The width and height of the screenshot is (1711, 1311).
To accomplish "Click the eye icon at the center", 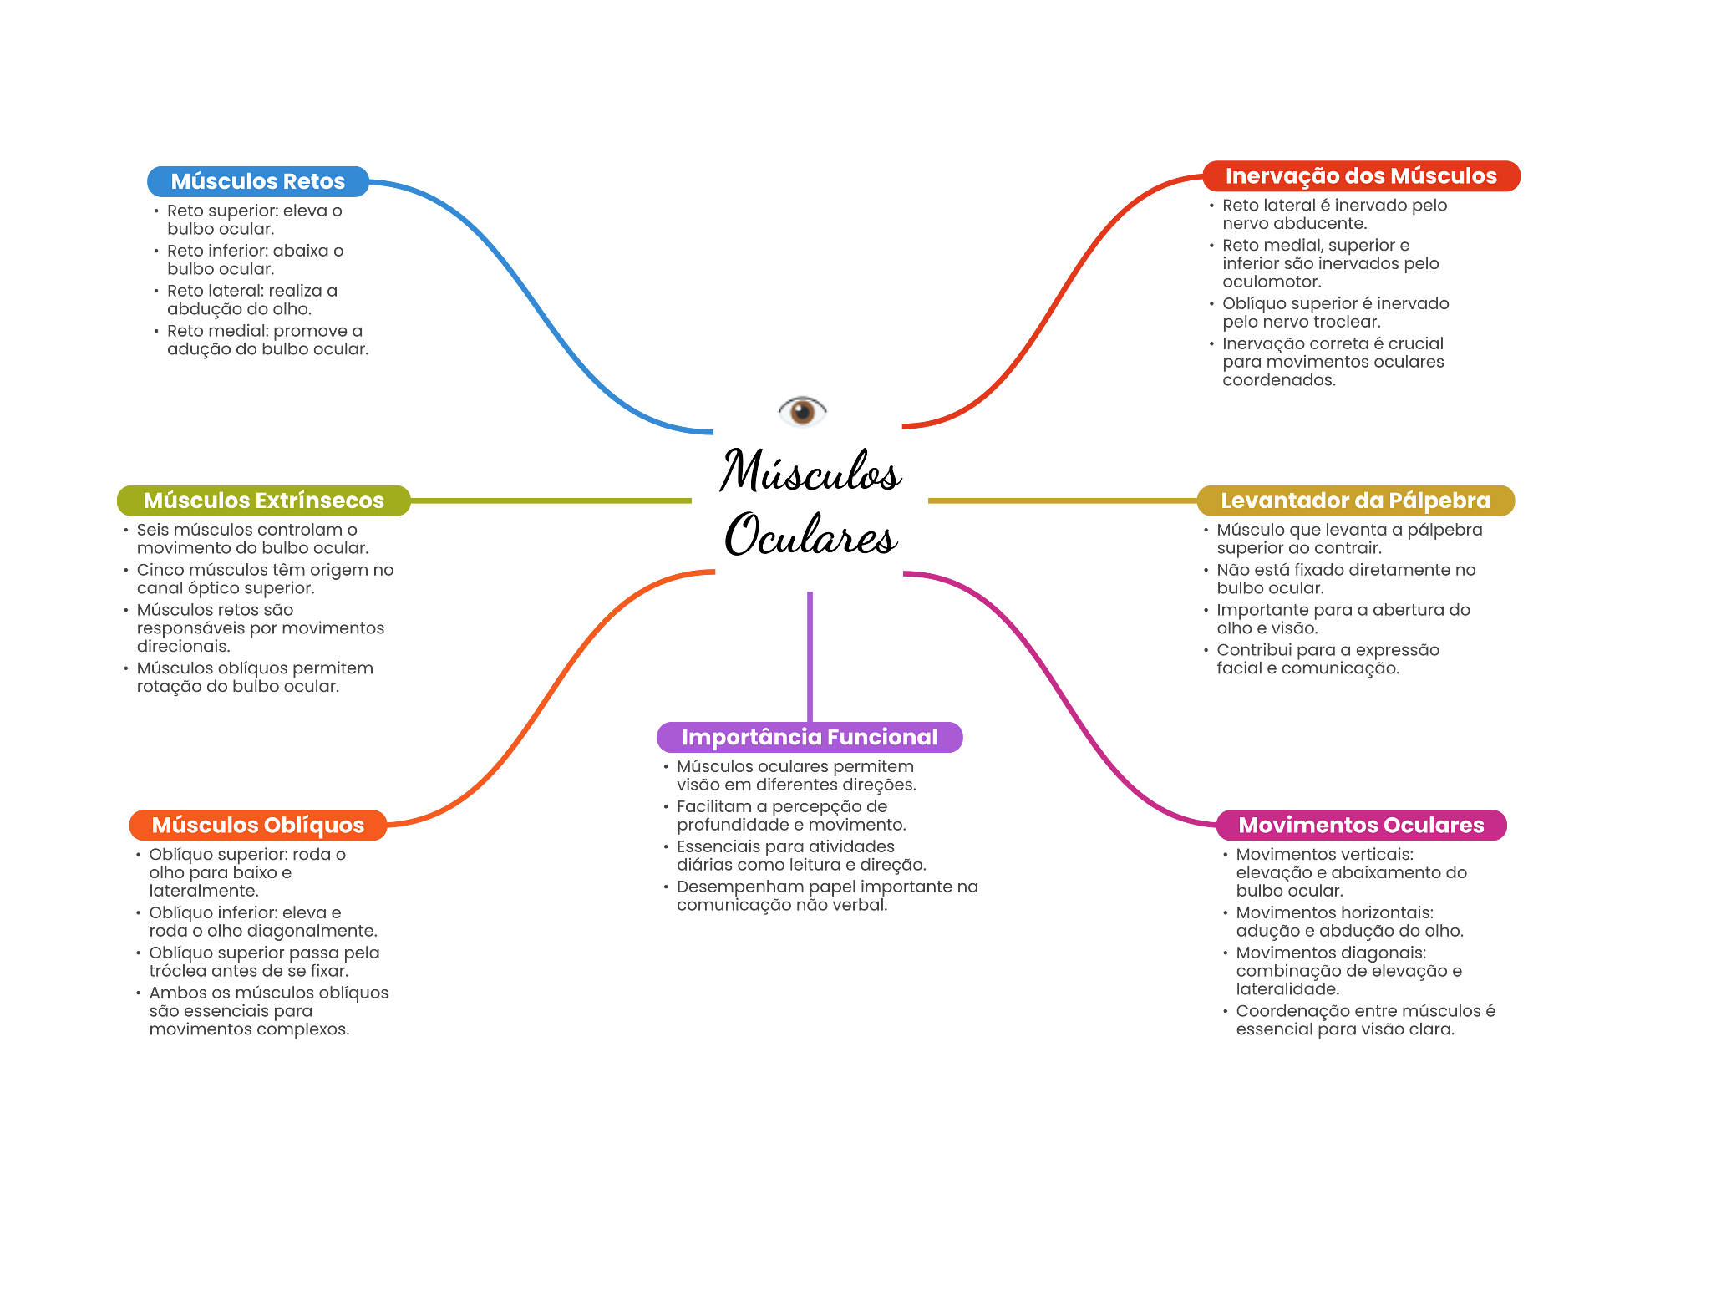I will pos(802,413).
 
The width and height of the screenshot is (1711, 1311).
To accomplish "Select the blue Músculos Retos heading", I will pos(257,181).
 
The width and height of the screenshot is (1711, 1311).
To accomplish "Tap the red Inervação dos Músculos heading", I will pos(1360,176).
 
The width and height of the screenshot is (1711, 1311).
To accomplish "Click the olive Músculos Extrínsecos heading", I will pos(263,501).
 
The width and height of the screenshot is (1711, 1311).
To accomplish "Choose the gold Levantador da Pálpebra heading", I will pos(1355,501).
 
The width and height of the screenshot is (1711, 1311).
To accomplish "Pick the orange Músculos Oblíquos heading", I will pos(257,826).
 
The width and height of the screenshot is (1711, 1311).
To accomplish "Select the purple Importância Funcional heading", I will pos(809,737).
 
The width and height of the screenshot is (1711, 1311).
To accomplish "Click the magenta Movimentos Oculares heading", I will pos(1360,826).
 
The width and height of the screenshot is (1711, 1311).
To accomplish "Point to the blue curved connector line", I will pos(535,305).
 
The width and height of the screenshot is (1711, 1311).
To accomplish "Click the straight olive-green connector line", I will pos(551,501).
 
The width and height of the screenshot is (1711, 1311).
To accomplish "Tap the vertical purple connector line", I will pos(810,656).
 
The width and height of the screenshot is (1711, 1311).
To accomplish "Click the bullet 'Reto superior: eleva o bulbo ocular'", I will pos(254,220).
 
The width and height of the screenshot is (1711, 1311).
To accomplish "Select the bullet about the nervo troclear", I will pos(1334,313).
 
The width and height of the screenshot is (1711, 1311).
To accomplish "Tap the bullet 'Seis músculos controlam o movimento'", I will pos(251,539).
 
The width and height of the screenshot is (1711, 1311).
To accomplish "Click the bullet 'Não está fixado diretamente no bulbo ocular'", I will pos(1345,578).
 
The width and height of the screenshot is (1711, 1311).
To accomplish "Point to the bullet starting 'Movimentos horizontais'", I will pos(1348,922).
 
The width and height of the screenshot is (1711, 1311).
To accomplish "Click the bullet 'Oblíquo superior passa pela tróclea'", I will pos(263,962).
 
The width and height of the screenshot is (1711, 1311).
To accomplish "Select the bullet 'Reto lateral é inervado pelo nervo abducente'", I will pos(1333,214).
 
